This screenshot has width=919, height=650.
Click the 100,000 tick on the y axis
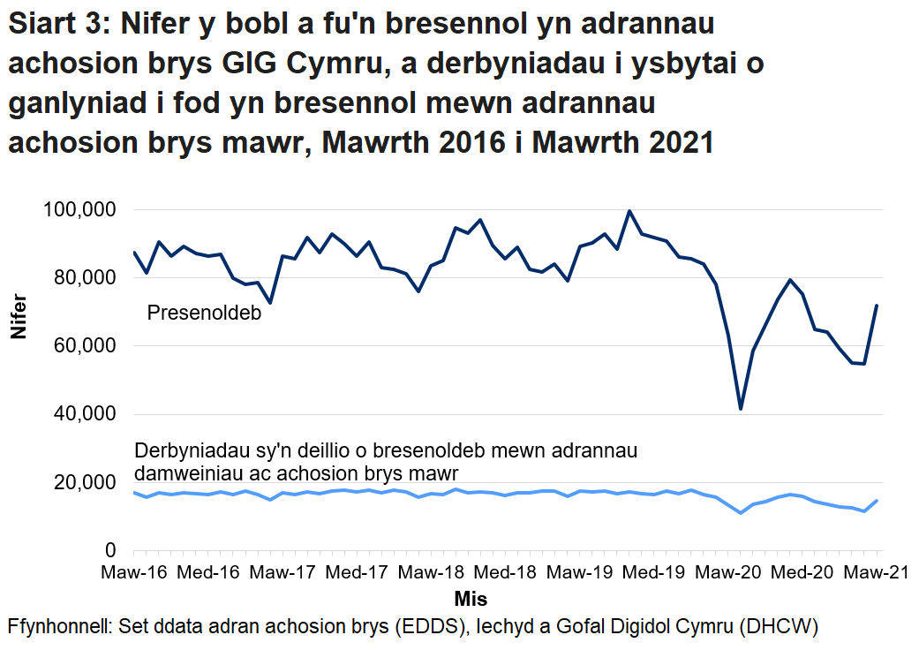click(79, 210)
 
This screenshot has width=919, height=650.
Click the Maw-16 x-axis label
click(134, 573)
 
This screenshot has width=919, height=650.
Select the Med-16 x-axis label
click(208, 573)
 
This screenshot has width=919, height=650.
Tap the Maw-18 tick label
click(432, 573)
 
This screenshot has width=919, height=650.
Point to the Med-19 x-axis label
click(655, 573)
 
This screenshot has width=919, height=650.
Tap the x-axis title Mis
click(471, 599)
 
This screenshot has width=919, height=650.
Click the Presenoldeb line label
click(204, 313)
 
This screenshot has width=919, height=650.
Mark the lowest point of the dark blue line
click(741, 409)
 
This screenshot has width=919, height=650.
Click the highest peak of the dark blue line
click(629, 211)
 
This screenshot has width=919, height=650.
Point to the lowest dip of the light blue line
click(741, 513)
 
